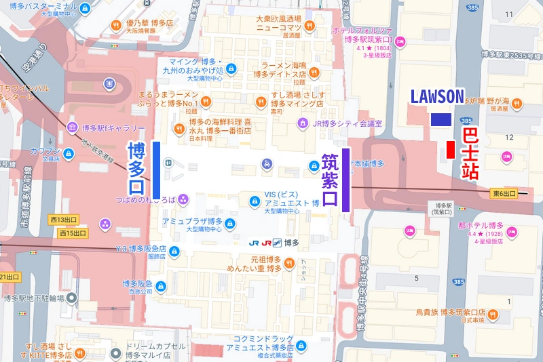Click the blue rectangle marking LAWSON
tap(441, 119)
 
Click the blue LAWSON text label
tap(436, 96)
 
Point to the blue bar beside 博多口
tap(157, 170)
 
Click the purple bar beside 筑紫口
tap(346, 180)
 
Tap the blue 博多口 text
tap(136, 167)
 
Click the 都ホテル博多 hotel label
tap(481, 226)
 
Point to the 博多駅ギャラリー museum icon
tap(73, 128)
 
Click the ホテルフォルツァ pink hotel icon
tap(400, 43)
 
